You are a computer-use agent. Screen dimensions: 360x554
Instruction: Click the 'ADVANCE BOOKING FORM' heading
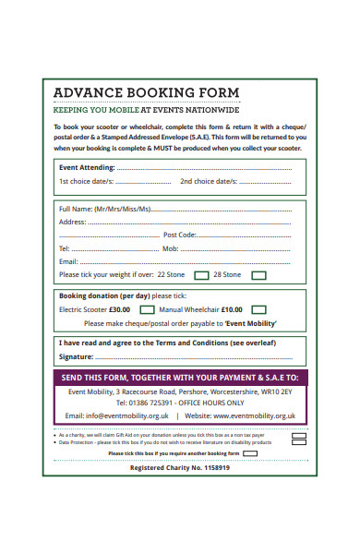click(147, 92)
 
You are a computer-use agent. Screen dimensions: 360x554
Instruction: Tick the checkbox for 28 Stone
click(259, 274)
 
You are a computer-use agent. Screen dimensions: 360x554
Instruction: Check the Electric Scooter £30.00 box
click(146, 310)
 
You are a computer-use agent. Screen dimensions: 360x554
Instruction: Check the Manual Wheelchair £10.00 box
click(259, 310)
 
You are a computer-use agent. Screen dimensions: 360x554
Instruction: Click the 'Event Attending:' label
click(87, 167)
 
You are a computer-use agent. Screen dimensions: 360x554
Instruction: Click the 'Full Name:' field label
click(76, 209)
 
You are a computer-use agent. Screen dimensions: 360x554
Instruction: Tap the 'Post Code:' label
click(179, 235)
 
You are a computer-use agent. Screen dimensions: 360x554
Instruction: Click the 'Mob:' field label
click(171, 248)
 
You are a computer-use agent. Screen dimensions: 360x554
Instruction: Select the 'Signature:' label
click(77, 355)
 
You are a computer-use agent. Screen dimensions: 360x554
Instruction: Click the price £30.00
click(120, 310)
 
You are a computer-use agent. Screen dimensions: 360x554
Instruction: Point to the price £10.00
click(232, 310)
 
